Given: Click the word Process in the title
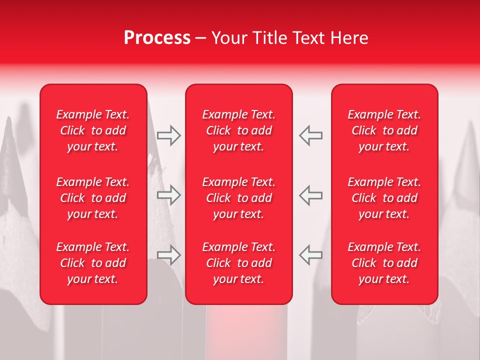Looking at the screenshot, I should point(157,38).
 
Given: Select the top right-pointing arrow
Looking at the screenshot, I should point(168,135).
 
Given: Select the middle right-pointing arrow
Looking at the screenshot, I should point(168,195).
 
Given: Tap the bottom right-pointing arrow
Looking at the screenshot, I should point(168,255).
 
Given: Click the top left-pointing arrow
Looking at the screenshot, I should point(311,135).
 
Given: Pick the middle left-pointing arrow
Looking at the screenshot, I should point(311,195).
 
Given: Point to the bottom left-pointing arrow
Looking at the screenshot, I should point(311,255).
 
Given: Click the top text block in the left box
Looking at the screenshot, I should point(93,130).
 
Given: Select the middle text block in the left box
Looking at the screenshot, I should point(93,198).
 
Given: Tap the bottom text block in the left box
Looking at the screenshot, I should point(93,263).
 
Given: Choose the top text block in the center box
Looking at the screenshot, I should point(238,130).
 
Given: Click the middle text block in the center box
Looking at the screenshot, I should point(238,198).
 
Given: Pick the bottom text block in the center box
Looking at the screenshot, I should point(238,263).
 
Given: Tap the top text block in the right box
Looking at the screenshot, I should point(384,130).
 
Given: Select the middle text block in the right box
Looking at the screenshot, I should point(384,198).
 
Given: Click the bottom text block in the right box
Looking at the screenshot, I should point(384,263).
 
